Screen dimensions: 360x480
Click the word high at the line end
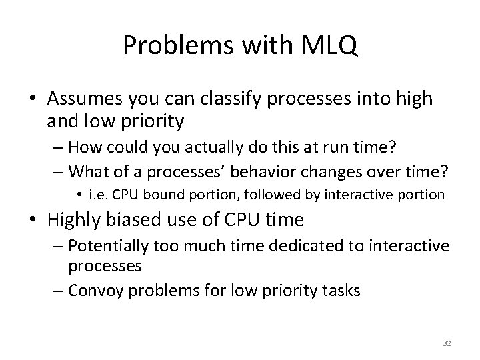(x=415, y=99)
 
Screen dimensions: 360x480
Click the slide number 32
(x=447, y=344)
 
